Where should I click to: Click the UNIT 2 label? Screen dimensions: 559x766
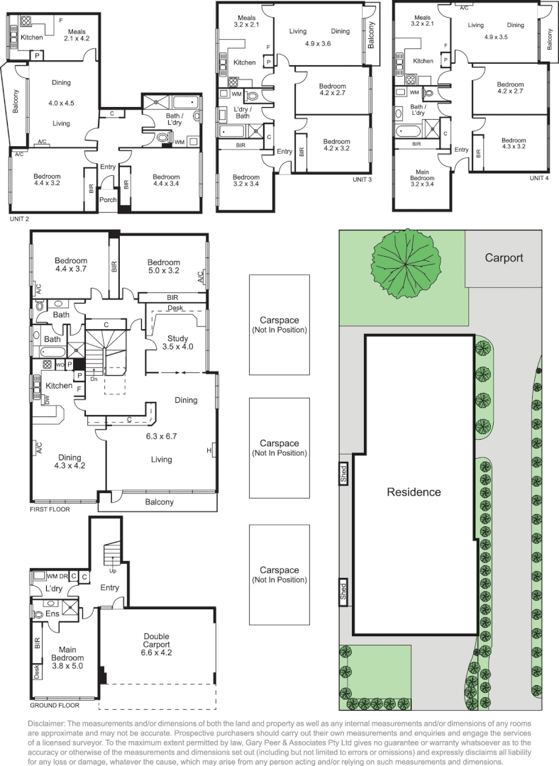(19, 219)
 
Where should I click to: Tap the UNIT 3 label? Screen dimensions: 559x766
(362, 179)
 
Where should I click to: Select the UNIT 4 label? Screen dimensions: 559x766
(539, 178)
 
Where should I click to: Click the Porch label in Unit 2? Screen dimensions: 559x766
(108, 200)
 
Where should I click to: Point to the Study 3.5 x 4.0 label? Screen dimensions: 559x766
(177, 343)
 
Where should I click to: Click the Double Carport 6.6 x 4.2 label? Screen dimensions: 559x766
(156, 644)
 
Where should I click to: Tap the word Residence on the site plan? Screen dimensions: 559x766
(414, 492)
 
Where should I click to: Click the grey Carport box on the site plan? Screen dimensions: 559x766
(503, 258)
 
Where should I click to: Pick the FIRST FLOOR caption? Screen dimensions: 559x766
(50, 509)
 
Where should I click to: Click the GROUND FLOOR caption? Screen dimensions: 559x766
(55, 706)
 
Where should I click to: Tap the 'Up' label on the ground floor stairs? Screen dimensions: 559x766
(112, 570)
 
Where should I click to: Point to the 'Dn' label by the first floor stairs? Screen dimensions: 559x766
(94, 379)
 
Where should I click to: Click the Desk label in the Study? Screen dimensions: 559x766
(175, 308)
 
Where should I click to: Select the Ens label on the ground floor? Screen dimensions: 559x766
(52, 614)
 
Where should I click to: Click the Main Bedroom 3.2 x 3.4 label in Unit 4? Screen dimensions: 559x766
(422, 178)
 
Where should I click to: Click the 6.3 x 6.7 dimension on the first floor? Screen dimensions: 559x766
(161, 436)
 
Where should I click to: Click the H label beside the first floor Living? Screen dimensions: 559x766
(209, 450)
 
